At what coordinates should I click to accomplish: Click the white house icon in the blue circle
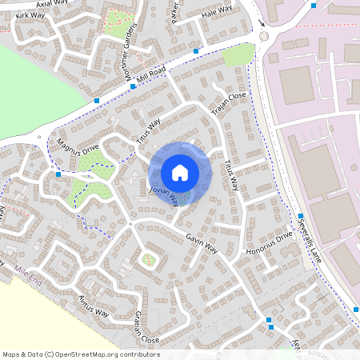coord(180,172)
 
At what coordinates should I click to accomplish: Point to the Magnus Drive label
coord(78,146)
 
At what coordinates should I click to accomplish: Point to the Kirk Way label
coord(30,15)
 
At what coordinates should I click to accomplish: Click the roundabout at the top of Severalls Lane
coord(263,35)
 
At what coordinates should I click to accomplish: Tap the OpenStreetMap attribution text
coord(80,354)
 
